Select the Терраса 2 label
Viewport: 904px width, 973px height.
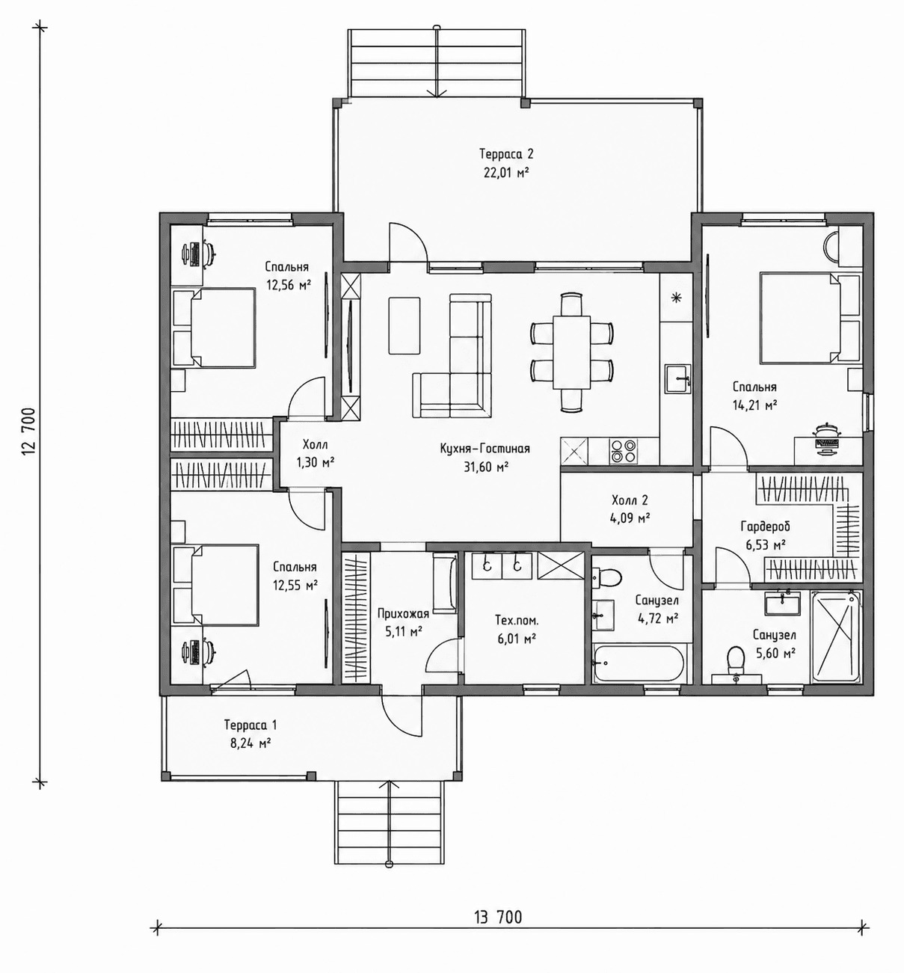pyautogui.click(x=506, y=154)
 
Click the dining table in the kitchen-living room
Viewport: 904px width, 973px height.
pyautogui.click(x=571, y=352)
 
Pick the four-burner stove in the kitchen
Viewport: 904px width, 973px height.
pyautogui.click(x=623, y=450)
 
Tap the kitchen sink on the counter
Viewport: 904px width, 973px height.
pyautogui.click(x=677, y=378)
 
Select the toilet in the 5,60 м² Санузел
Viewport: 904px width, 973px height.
pyautogui.click(x=735, y=659)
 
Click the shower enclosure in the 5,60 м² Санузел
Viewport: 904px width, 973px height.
pyautogui.click(x=836, y=637)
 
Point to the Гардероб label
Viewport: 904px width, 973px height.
pyautogui.click(x=765, y=527)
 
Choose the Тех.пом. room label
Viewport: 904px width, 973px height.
pyautogui.click(x=517, y=621)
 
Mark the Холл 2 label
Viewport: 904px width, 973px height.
pyautogui.click(x=630, y=500)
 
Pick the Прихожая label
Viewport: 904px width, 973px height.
pyautogui.click(x=403, y=614)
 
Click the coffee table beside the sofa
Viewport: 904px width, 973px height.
pyautogui.click(x=405, y=325)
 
